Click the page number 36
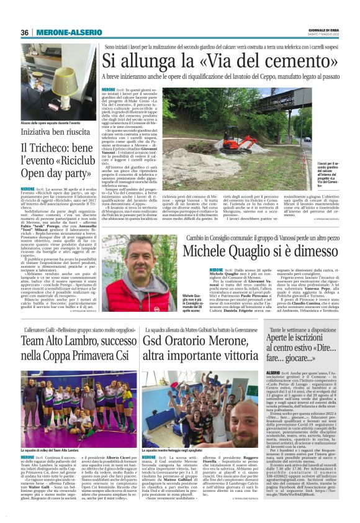(x=24, y=32)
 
